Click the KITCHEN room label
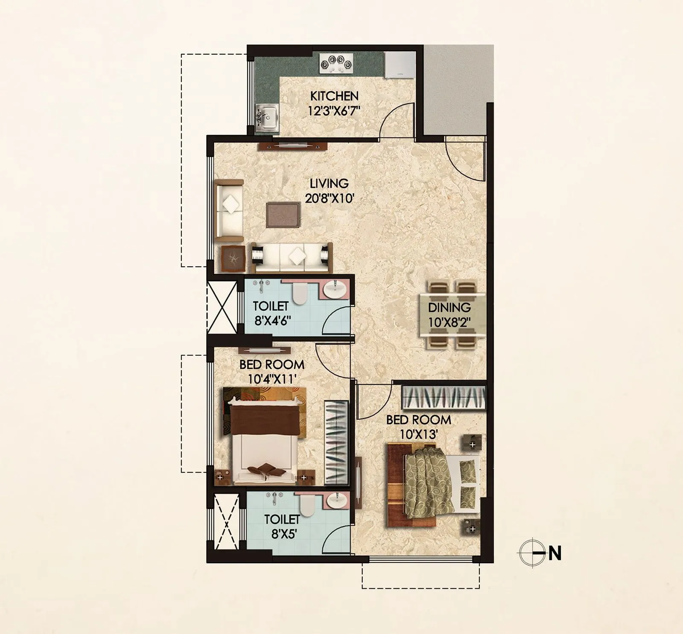point(334,96)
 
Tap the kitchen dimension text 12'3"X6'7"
point(334,111)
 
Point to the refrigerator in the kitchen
point(400,65)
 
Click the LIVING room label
point(329,183)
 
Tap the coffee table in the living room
point(283,215)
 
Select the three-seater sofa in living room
point(291,258)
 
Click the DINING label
point(449,307)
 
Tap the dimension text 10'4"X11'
point(272,379)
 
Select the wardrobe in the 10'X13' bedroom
point(444,398)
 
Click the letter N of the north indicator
point(555,554)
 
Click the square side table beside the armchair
point(233,259)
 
